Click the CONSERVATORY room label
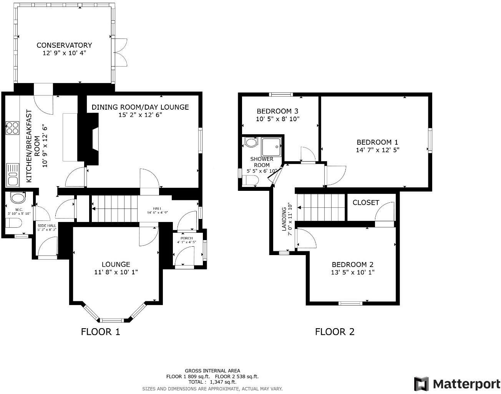point(64,45)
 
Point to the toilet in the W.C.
point(13,223)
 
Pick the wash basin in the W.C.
point(17,198)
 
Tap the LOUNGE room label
point(116,264)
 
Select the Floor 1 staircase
point(114,209)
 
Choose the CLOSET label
point(366,203)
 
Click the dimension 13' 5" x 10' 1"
point(353,272)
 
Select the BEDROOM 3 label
point(277,111)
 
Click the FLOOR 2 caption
point(335,332)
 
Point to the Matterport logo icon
point(421,384)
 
